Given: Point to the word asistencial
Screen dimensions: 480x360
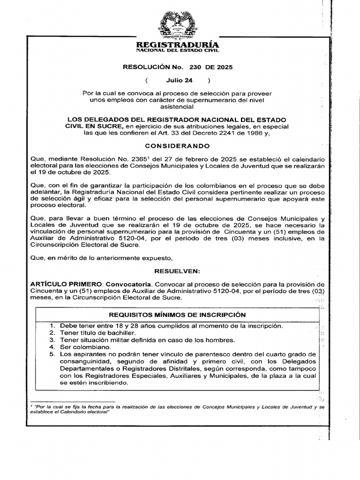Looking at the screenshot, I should (x=177, y=107).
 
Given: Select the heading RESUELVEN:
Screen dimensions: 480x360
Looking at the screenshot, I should (x=177, y=271).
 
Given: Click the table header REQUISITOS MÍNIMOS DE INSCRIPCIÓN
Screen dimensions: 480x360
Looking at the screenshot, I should (x=177, y=315).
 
